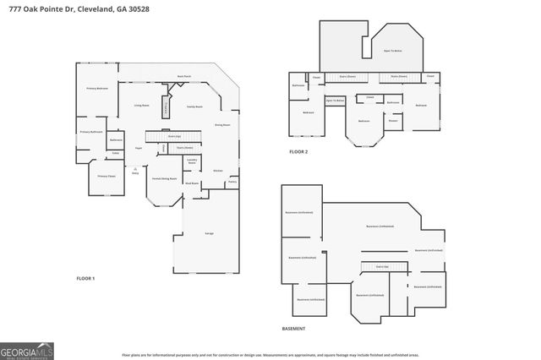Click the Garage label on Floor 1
click(209, 232)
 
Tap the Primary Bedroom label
click(97, 89)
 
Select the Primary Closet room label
click(106, 176)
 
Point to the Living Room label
click(141, 105)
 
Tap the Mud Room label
click(193, 183)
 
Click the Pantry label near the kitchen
click(232, 182)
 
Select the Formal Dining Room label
click(164, 179)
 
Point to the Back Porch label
click(183, 76)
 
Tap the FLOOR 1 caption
click(85, 278)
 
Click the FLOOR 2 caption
click(298, 151)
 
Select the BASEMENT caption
click(293, 328)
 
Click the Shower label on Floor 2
click(393, 120)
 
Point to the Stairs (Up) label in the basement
click(382, 265)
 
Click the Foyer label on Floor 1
click(137, 148)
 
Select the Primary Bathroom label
click(91, 132)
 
